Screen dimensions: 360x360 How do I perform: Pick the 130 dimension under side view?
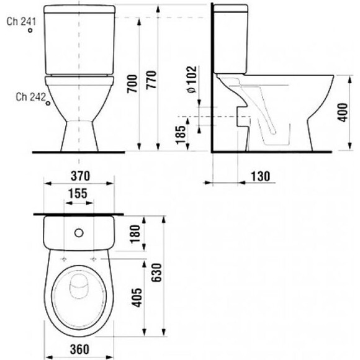(261, 176)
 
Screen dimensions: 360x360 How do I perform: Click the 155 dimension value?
(78, 194)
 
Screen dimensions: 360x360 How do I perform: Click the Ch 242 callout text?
(29, 96)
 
